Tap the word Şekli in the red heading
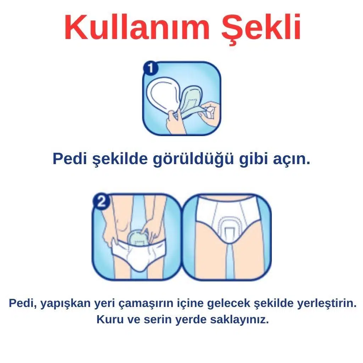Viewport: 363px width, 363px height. tap(261, 29)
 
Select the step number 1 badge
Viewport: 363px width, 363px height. tap(150, 68)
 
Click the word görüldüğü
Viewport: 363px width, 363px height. tap(193, 159)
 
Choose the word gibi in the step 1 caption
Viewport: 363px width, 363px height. tap(253, 159)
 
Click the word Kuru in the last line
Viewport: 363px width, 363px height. tap(110, 320)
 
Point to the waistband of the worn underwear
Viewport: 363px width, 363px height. tap(228, 198)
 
